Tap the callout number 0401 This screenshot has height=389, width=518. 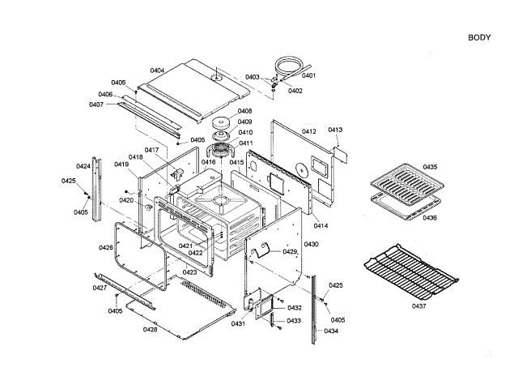pyautogui.click(x=308, y=75)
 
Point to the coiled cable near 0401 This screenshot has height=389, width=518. pyautogui.click(x=287, y=64)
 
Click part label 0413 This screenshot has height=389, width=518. pyautogui.click(x=336, y=130)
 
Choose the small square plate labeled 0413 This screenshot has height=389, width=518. pyautogui.click(x=340, y=152)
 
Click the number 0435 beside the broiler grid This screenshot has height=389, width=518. pyautogui.click(x=429, y=166)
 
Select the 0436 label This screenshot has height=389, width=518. pyautogui.click(x=429, y=218)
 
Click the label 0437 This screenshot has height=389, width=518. pyautogui.click(x=418, y=306)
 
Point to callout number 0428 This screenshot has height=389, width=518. pyautogui.click(x=150, y=329)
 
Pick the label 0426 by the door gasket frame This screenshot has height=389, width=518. pyautogui.click(x=106, y=248)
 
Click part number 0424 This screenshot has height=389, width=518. pyautogui.click(x=83, y=167)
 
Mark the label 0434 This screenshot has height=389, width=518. pyautogui.click(x=331, y=331)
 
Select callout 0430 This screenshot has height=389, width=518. pyautogui.click(x=311, y=244)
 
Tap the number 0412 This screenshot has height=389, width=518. pyautogui.click(x=308, y=130)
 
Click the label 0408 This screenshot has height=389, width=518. pyautogui.click(x=244, y=111)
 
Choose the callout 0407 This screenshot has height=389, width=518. pyautogui.click(x=96, y=105)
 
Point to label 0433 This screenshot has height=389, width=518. pyautogui.click(x=294, y=321)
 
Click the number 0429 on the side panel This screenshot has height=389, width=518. pyautogui.click(x=290, y=252)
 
